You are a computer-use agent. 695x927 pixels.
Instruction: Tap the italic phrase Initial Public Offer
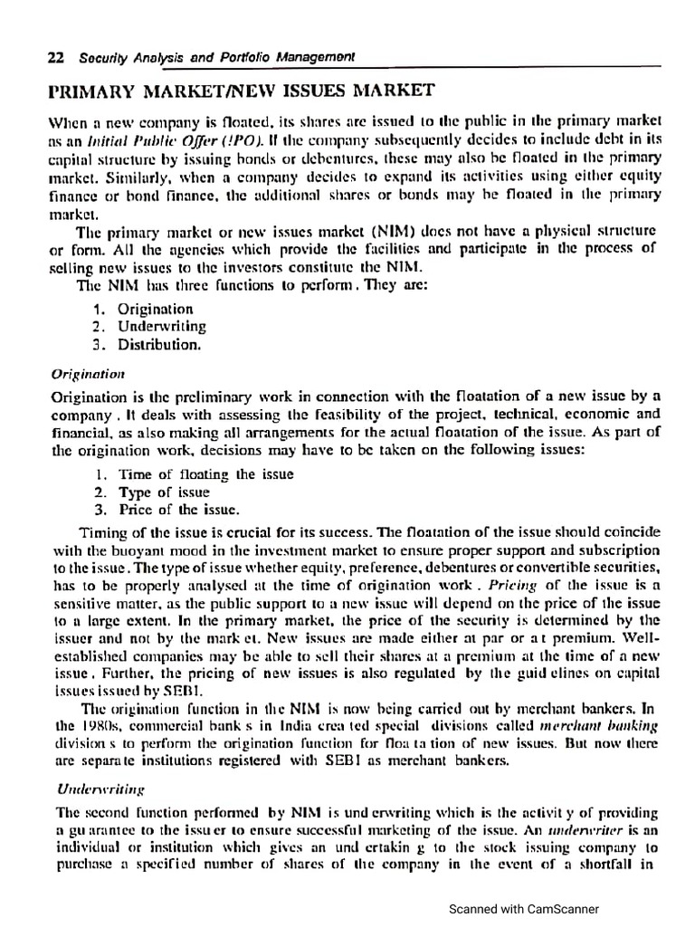136,138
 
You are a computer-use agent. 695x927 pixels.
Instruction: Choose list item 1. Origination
144,310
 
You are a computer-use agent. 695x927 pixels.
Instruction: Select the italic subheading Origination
87,373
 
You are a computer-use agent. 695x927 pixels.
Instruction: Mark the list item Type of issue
154,492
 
